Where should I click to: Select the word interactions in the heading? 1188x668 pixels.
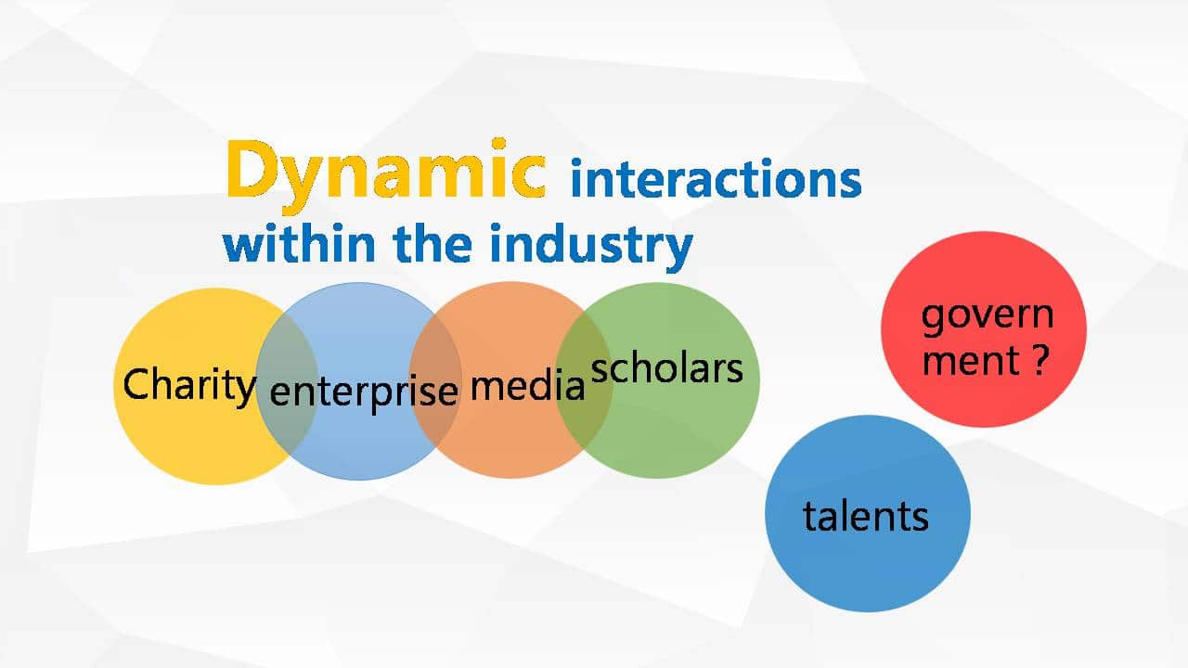716,179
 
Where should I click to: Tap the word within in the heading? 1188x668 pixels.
300,242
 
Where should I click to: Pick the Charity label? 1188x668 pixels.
189,387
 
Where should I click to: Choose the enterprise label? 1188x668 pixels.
364,392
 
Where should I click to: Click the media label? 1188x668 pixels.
528,385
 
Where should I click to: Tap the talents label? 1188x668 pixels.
866,516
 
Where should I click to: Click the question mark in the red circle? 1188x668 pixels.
1041,359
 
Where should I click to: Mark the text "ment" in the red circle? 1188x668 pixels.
971,361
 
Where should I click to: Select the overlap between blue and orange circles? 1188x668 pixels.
435,379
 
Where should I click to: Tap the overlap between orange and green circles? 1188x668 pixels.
584,379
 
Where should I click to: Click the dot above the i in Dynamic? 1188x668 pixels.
498,144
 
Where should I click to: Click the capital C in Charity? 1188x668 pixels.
137,384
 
